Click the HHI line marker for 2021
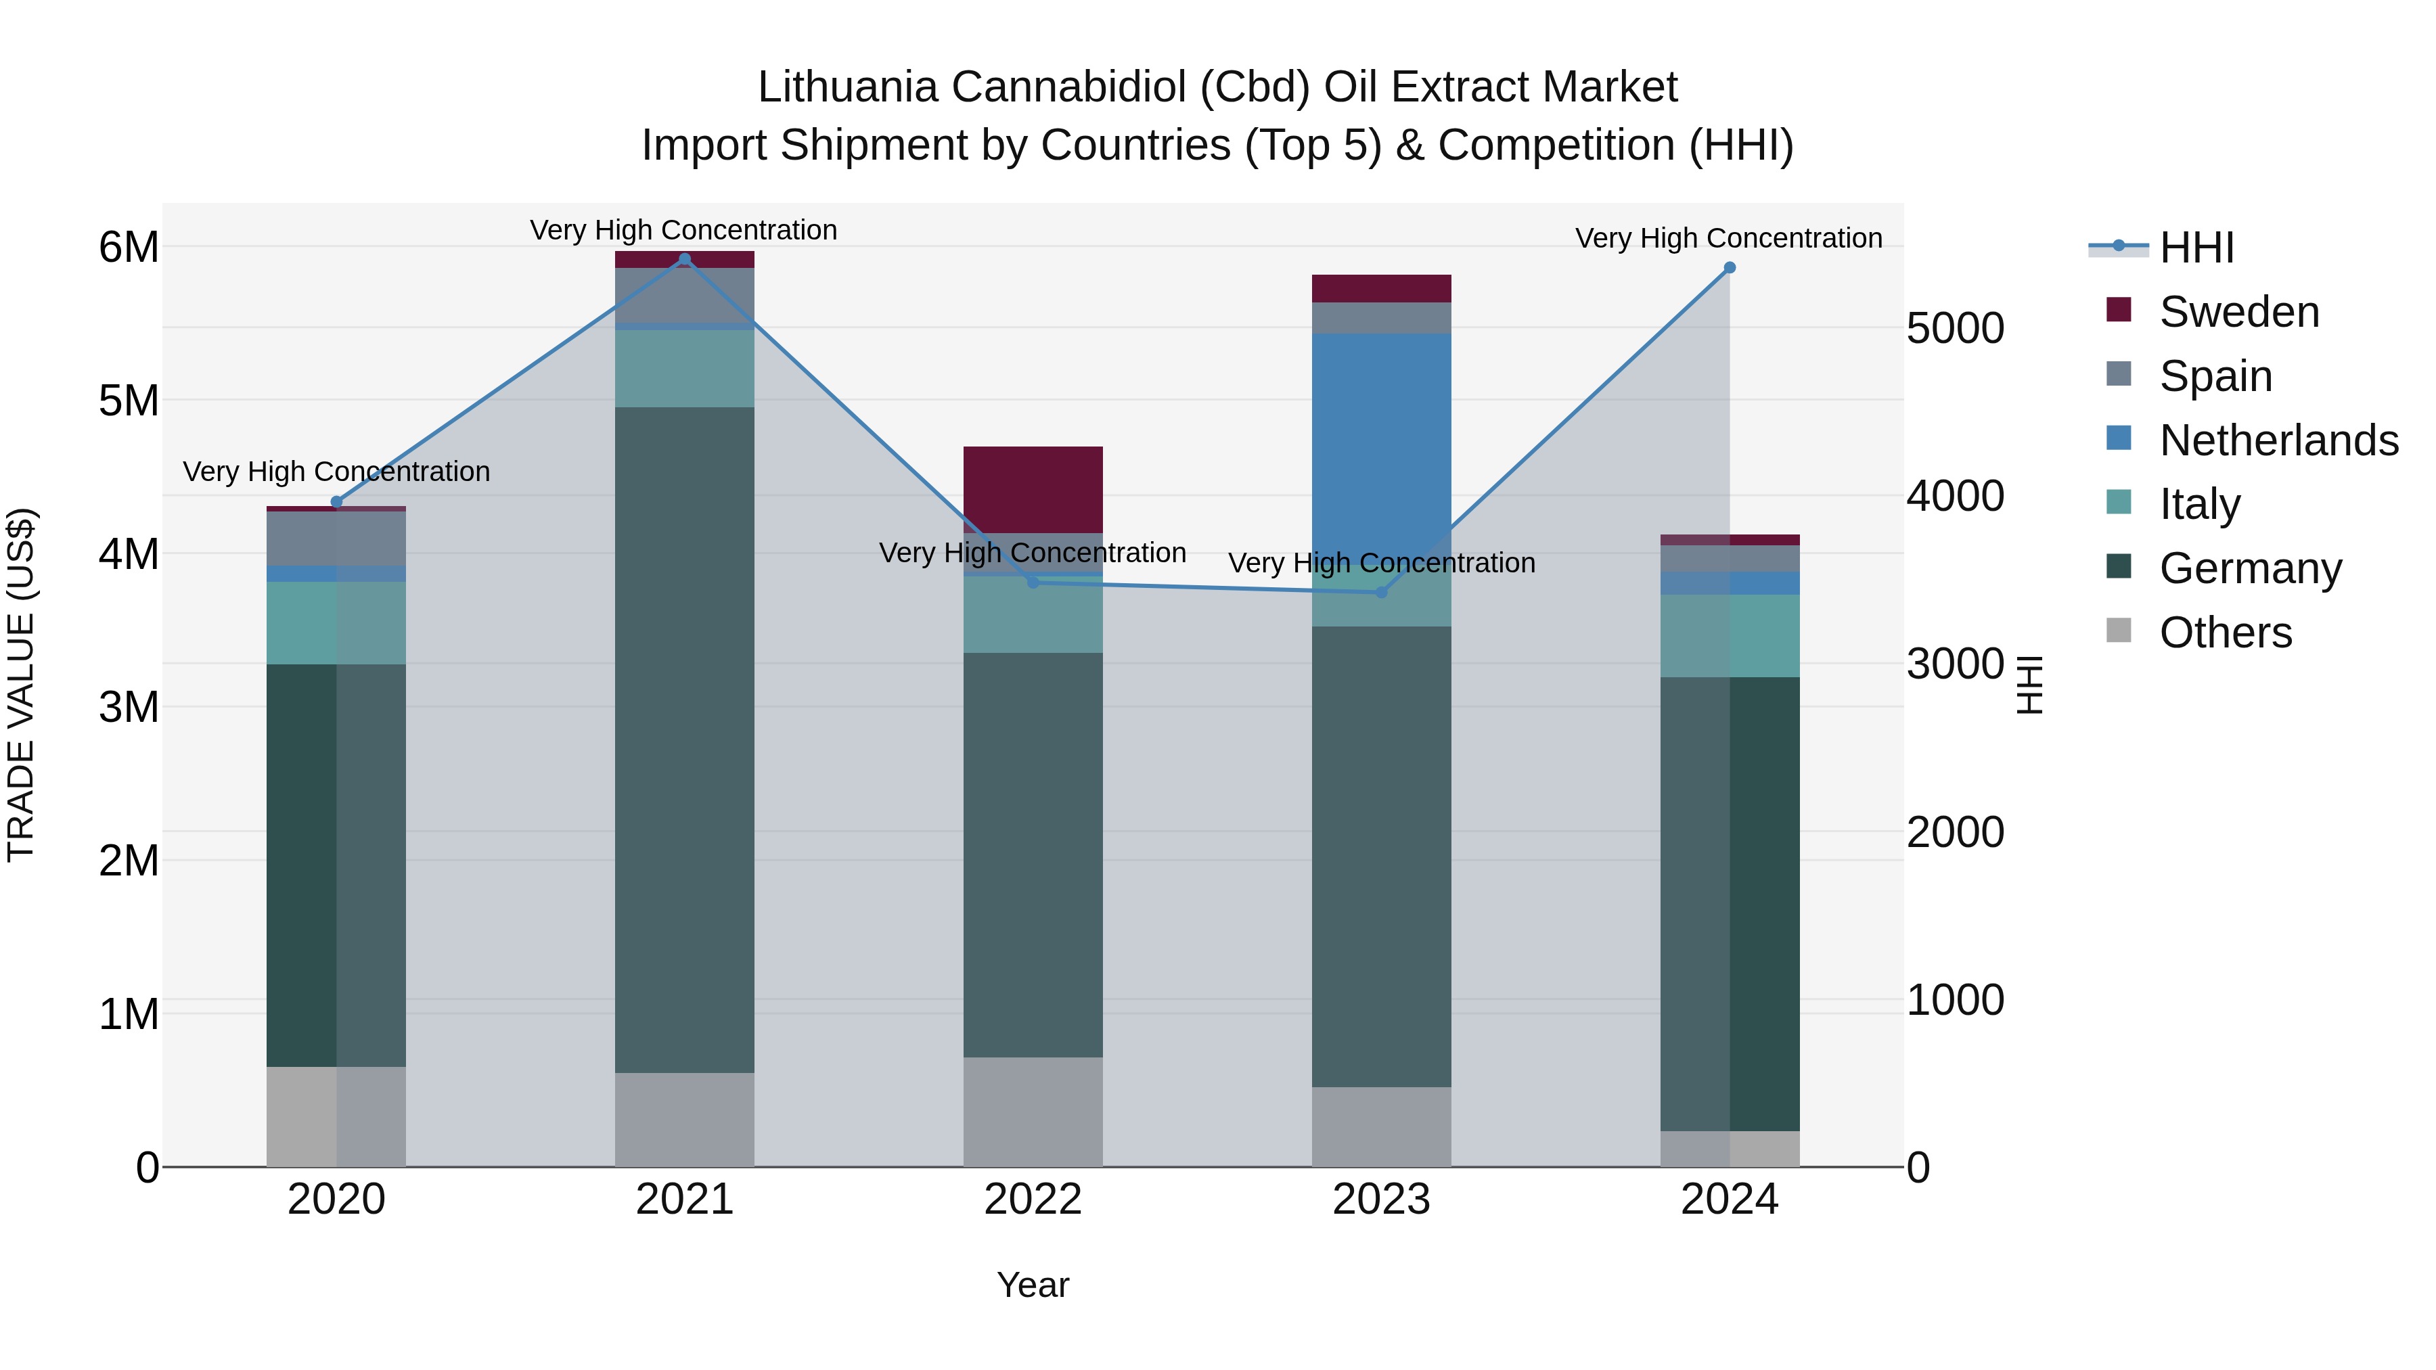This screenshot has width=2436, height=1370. coord(685,259)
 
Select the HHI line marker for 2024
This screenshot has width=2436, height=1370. coord(1730,267)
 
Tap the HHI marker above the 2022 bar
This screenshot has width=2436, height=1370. coord(1033,583)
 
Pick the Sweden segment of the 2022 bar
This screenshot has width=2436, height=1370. coord(1033,489)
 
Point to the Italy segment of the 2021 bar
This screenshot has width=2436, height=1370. coord(685,369)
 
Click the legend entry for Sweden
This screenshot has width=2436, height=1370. coord(2238,312)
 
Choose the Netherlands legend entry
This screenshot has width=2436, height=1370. coord(2277,440)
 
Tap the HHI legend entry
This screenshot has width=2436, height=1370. coord(2196,248)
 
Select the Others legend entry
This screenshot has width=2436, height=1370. coord(2224,633)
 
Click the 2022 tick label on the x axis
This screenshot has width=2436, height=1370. coord(1033,1200)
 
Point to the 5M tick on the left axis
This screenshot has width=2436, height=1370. coord(129,401)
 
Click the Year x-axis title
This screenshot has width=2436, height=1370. coord(1033,1285)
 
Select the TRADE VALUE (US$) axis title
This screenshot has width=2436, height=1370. coord(21,685)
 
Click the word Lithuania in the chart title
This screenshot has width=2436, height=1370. coord(847,87)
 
